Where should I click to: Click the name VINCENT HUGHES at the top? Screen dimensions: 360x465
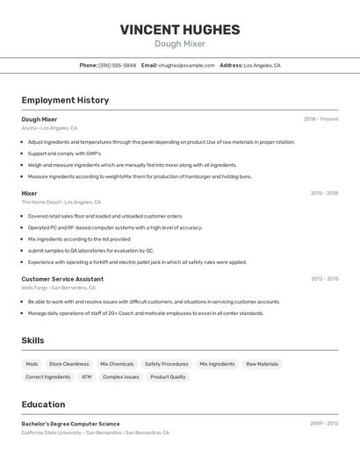coord(180,29)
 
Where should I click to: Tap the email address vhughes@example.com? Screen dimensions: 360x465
coord(186,65)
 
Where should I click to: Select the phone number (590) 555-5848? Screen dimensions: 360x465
coord(117,65)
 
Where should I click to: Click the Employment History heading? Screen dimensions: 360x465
coord(65,100)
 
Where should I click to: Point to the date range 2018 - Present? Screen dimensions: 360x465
coord(321,119)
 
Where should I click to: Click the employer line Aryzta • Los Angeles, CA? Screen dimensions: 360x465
coord(49,128)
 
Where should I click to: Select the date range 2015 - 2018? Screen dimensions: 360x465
coord(324,193)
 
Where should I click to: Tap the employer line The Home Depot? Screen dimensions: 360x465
coord(58,202)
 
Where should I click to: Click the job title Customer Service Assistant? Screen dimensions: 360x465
coord(63,279)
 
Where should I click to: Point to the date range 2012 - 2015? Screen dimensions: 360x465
coord(324,279)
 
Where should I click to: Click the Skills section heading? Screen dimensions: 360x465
coord(32,340)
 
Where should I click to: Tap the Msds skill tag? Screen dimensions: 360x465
coord(32,364)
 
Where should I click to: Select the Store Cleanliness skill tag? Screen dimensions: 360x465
coord(68,364)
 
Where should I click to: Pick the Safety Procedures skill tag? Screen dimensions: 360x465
coord(166,364)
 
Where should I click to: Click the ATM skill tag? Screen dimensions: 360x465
coord(86,377)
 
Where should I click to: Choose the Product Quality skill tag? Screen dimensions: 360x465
coord(168,377)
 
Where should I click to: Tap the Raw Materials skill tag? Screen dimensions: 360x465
coord(262,364)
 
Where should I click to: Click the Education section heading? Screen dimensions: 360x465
coord(43,404)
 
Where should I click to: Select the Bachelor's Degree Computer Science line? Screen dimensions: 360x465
coord(70,424)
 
